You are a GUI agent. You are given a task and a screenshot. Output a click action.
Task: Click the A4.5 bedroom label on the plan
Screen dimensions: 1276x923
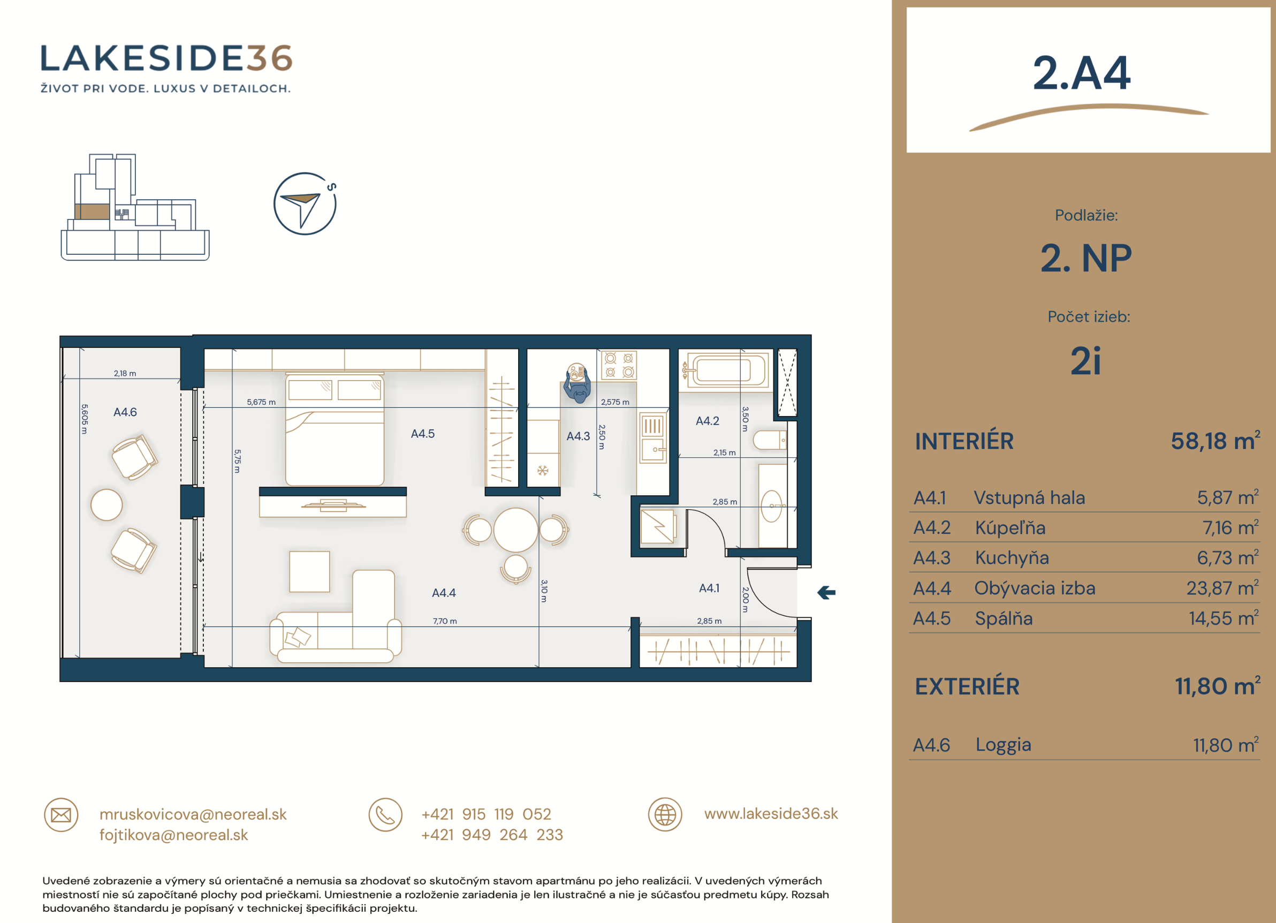pos(422,434)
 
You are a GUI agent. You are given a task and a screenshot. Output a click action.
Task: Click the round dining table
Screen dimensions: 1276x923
pos(515,529)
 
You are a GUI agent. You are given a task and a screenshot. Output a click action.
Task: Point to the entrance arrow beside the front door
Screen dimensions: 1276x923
pos(826,593)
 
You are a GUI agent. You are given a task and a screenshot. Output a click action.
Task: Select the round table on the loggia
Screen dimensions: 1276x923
pos(107,505)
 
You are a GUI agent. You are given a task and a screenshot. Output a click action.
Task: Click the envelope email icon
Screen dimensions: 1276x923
pos(61,815)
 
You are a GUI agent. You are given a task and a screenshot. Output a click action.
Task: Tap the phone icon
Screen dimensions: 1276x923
pos(385,815)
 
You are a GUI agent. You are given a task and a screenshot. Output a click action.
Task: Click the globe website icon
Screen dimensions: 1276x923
pos(665,815)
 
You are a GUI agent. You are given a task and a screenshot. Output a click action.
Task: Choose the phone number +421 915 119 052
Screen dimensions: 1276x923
pos(486,814)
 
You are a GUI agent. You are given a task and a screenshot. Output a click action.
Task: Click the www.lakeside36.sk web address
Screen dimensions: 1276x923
pos(771,814)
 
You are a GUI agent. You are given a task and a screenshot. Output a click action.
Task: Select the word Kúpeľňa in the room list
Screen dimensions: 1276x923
pos(1011,528)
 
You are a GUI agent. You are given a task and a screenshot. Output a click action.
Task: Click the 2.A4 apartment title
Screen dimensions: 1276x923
pos(1081,73)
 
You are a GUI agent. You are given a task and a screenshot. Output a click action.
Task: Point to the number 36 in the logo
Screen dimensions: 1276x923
pos(269,58)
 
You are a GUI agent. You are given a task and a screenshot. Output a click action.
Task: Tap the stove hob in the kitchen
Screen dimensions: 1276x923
pos(619,365)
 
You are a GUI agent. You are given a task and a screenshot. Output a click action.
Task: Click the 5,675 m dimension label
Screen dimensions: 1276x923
pos(261,403)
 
